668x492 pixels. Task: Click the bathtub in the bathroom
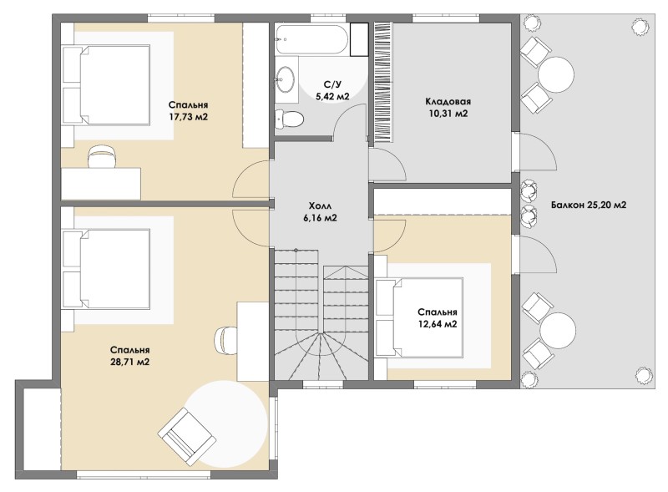click(311, 39)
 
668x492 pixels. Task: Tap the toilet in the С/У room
click(289, 119)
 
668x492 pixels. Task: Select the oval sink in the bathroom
click(285, 79)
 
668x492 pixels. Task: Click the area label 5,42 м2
click(332, 97)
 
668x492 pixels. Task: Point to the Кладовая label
click(448, 101)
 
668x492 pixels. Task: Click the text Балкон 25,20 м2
click(589, 205)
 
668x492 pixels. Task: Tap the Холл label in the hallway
click(320, 206)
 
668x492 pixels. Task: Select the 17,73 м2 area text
click(188, 117)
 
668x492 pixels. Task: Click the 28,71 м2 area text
click(129, 363)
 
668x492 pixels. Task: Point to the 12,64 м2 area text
click(438, 324)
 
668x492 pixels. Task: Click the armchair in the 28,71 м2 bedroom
click(185, 435)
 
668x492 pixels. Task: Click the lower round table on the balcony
click(558, 331)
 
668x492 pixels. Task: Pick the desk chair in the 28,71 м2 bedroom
click(225, 340)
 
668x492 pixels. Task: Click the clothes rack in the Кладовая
click(383, 84)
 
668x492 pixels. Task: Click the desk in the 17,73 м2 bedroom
click(101, 184)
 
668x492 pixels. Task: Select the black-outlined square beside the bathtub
click(359, 39)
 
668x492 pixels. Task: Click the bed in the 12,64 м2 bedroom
click(420, 317)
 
